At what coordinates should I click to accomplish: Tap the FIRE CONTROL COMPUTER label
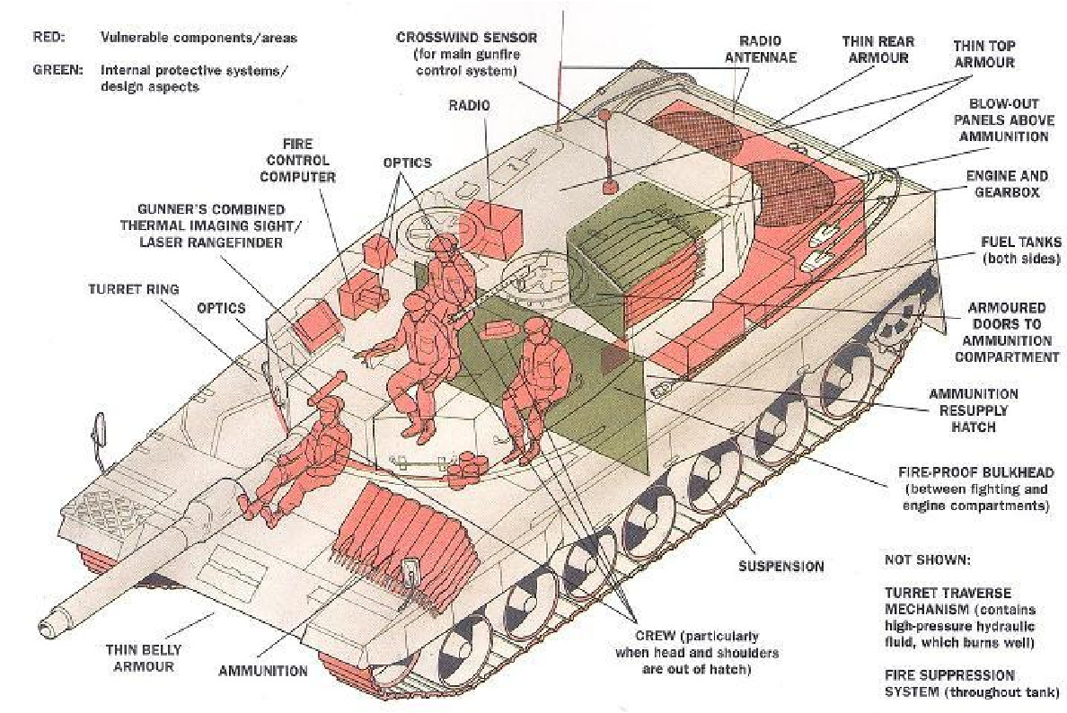point(297,161)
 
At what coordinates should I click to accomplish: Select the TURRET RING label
point(133,289)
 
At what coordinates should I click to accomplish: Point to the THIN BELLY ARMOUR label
point(143,658)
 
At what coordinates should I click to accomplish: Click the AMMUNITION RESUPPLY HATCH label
point(973,410)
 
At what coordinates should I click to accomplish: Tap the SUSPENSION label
point(781,566)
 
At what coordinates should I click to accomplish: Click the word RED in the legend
point(48,38)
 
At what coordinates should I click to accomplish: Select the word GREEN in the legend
point(57,69)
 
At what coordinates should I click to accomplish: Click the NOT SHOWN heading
point(928,560)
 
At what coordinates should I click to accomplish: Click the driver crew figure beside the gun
point(299,456)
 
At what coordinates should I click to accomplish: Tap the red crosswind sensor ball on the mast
point(603,116)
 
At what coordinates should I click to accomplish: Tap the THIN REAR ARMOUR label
point(877,49)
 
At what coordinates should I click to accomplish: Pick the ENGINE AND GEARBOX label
point(1007,184)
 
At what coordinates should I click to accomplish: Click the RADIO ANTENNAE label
point(760,49)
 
